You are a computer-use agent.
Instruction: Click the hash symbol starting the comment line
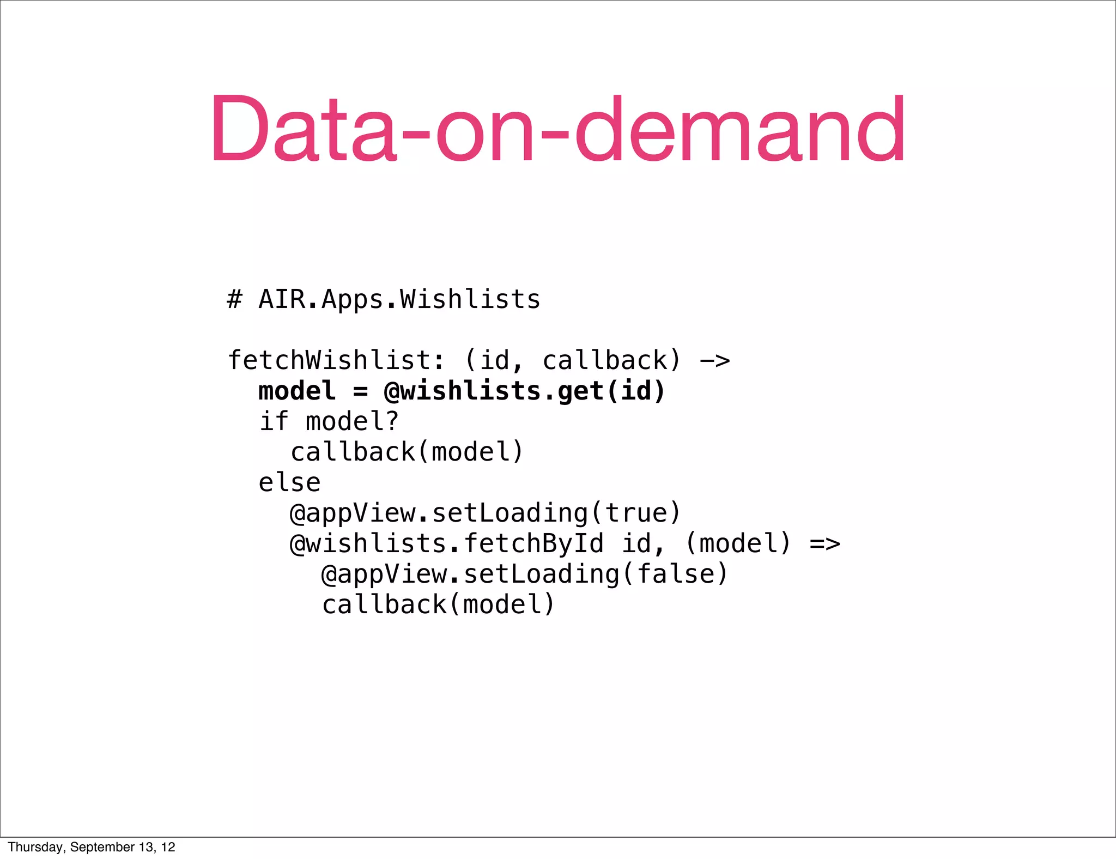pyautogui.click(x=234, y=299)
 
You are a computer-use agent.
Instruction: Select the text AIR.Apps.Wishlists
pyautogui.click(x=399, y=300)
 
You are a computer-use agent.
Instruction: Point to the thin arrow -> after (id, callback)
pyautogui.click(x=714, y=360)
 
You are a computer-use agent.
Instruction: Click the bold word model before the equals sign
pyautogui.click(x=297, y=391)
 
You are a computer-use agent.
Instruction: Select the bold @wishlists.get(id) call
pyautogui.click(x=525, y=391)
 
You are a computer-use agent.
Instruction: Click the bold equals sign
pyautogui.click(x=360, y=391)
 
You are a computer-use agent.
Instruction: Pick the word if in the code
pyautogui.click(x=274, y=421)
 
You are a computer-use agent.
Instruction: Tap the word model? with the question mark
pyautogui.click(x=353, y=421)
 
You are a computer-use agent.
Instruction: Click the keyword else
pyautogui.click(x=289, y=482)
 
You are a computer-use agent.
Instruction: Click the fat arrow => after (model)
pyautogui.click(x=824, y=543)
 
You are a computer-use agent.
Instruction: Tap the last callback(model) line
pyautogui.click(x=439, y=604)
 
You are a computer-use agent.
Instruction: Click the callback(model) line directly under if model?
pyautogui.click(x=407, y=452)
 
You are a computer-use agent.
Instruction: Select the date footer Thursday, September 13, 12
pyautogui.click(x=92, y=847)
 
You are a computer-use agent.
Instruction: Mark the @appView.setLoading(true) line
pyautogui.click(x=486, y=513)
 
